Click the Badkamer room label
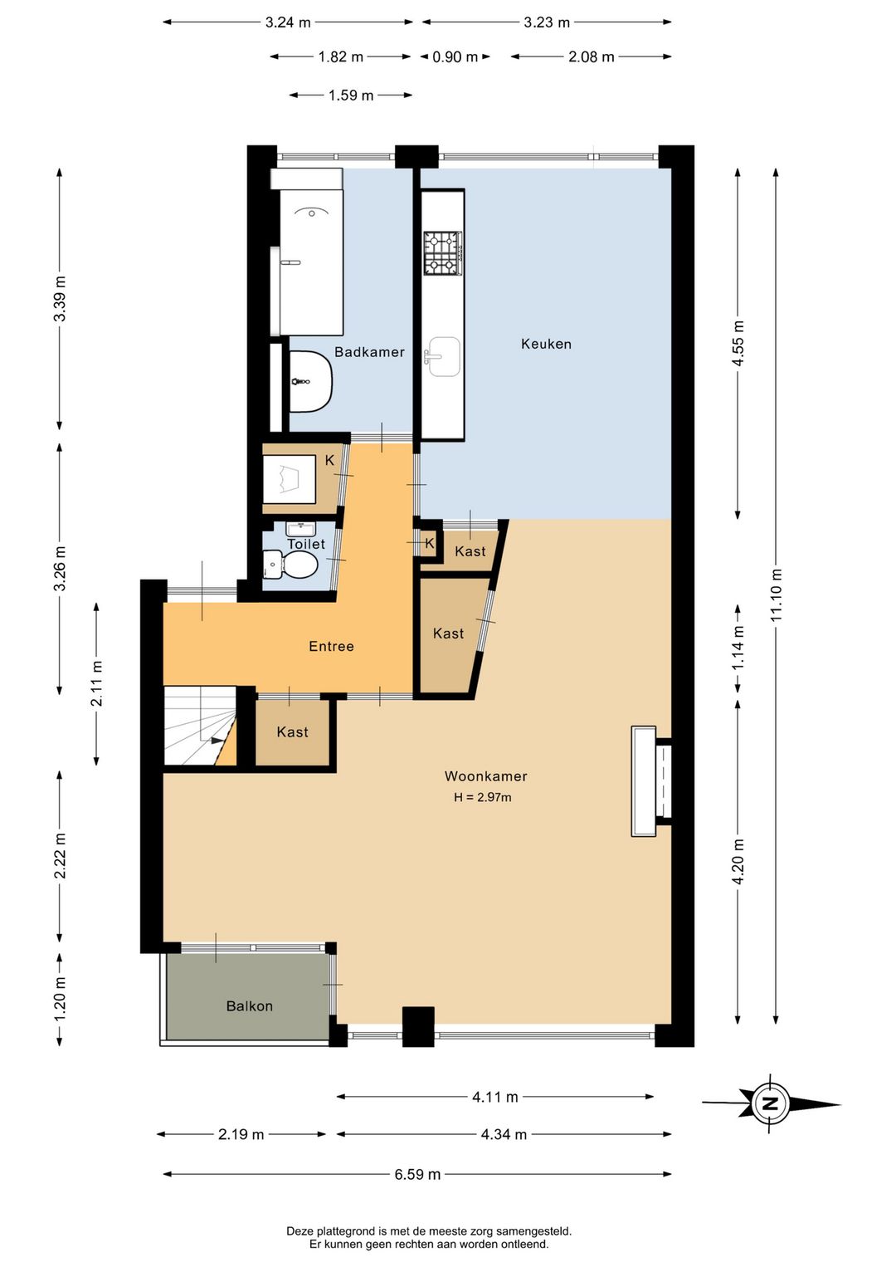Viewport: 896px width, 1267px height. [369, 352]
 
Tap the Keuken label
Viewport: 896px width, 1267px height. [546, 344]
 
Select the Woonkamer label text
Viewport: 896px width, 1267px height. [485, 776]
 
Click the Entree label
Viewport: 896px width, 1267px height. [331, 646]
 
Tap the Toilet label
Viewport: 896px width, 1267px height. [306, 544]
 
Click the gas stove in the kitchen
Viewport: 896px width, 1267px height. [443, 253]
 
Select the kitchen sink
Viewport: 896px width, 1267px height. [444, 356]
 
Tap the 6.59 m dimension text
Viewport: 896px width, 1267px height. [417, 1174]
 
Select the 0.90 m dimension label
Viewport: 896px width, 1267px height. [455, 56]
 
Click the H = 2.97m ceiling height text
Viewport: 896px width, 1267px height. [483, 798]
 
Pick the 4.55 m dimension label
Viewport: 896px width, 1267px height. [738, 344]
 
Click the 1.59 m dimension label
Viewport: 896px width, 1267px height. [351, 95]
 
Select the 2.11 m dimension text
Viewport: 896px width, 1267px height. [97, 683]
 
